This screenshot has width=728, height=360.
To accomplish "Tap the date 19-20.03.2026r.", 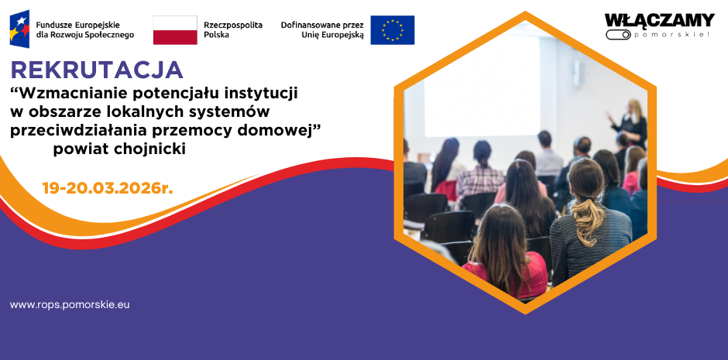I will click(x=107, y=188).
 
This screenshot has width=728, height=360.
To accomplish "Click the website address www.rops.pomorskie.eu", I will click(x=70, y=305).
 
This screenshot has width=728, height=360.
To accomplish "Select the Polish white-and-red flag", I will click(x=175, y=30).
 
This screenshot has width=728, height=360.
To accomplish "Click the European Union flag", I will click(x=392, y=30).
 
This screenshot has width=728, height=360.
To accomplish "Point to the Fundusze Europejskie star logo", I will click(x=20, y=29).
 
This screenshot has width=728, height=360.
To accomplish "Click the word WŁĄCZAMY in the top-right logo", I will click(x=659, y=20).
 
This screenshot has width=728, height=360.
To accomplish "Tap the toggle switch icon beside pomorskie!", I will click(x=617, y=35).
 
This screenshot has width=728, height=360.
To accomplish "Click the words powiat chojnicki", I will click(x=119, y=149).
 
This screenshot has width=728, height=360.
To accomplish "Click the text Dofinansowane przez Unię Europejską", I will click(x=321, y=30).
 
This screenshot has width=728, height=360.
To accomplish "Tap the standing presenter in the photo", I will click(x=636, y=124).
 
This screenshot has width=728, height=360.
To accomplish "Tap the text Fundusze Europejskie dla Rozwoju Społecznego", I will click(x=85, y=30).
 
